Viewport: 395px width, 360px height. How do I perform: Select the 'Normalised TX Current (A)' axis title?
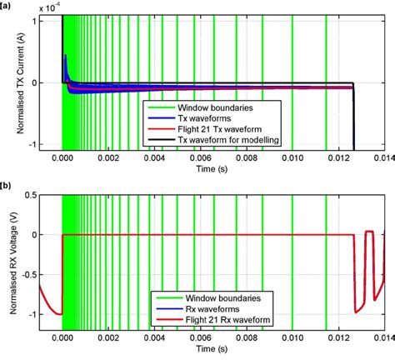11,83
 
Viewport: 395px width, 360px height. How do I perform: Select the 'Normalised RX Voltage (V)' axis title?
11,266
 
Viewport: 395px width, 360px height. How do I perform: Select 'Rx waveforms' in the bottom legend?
206,308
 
